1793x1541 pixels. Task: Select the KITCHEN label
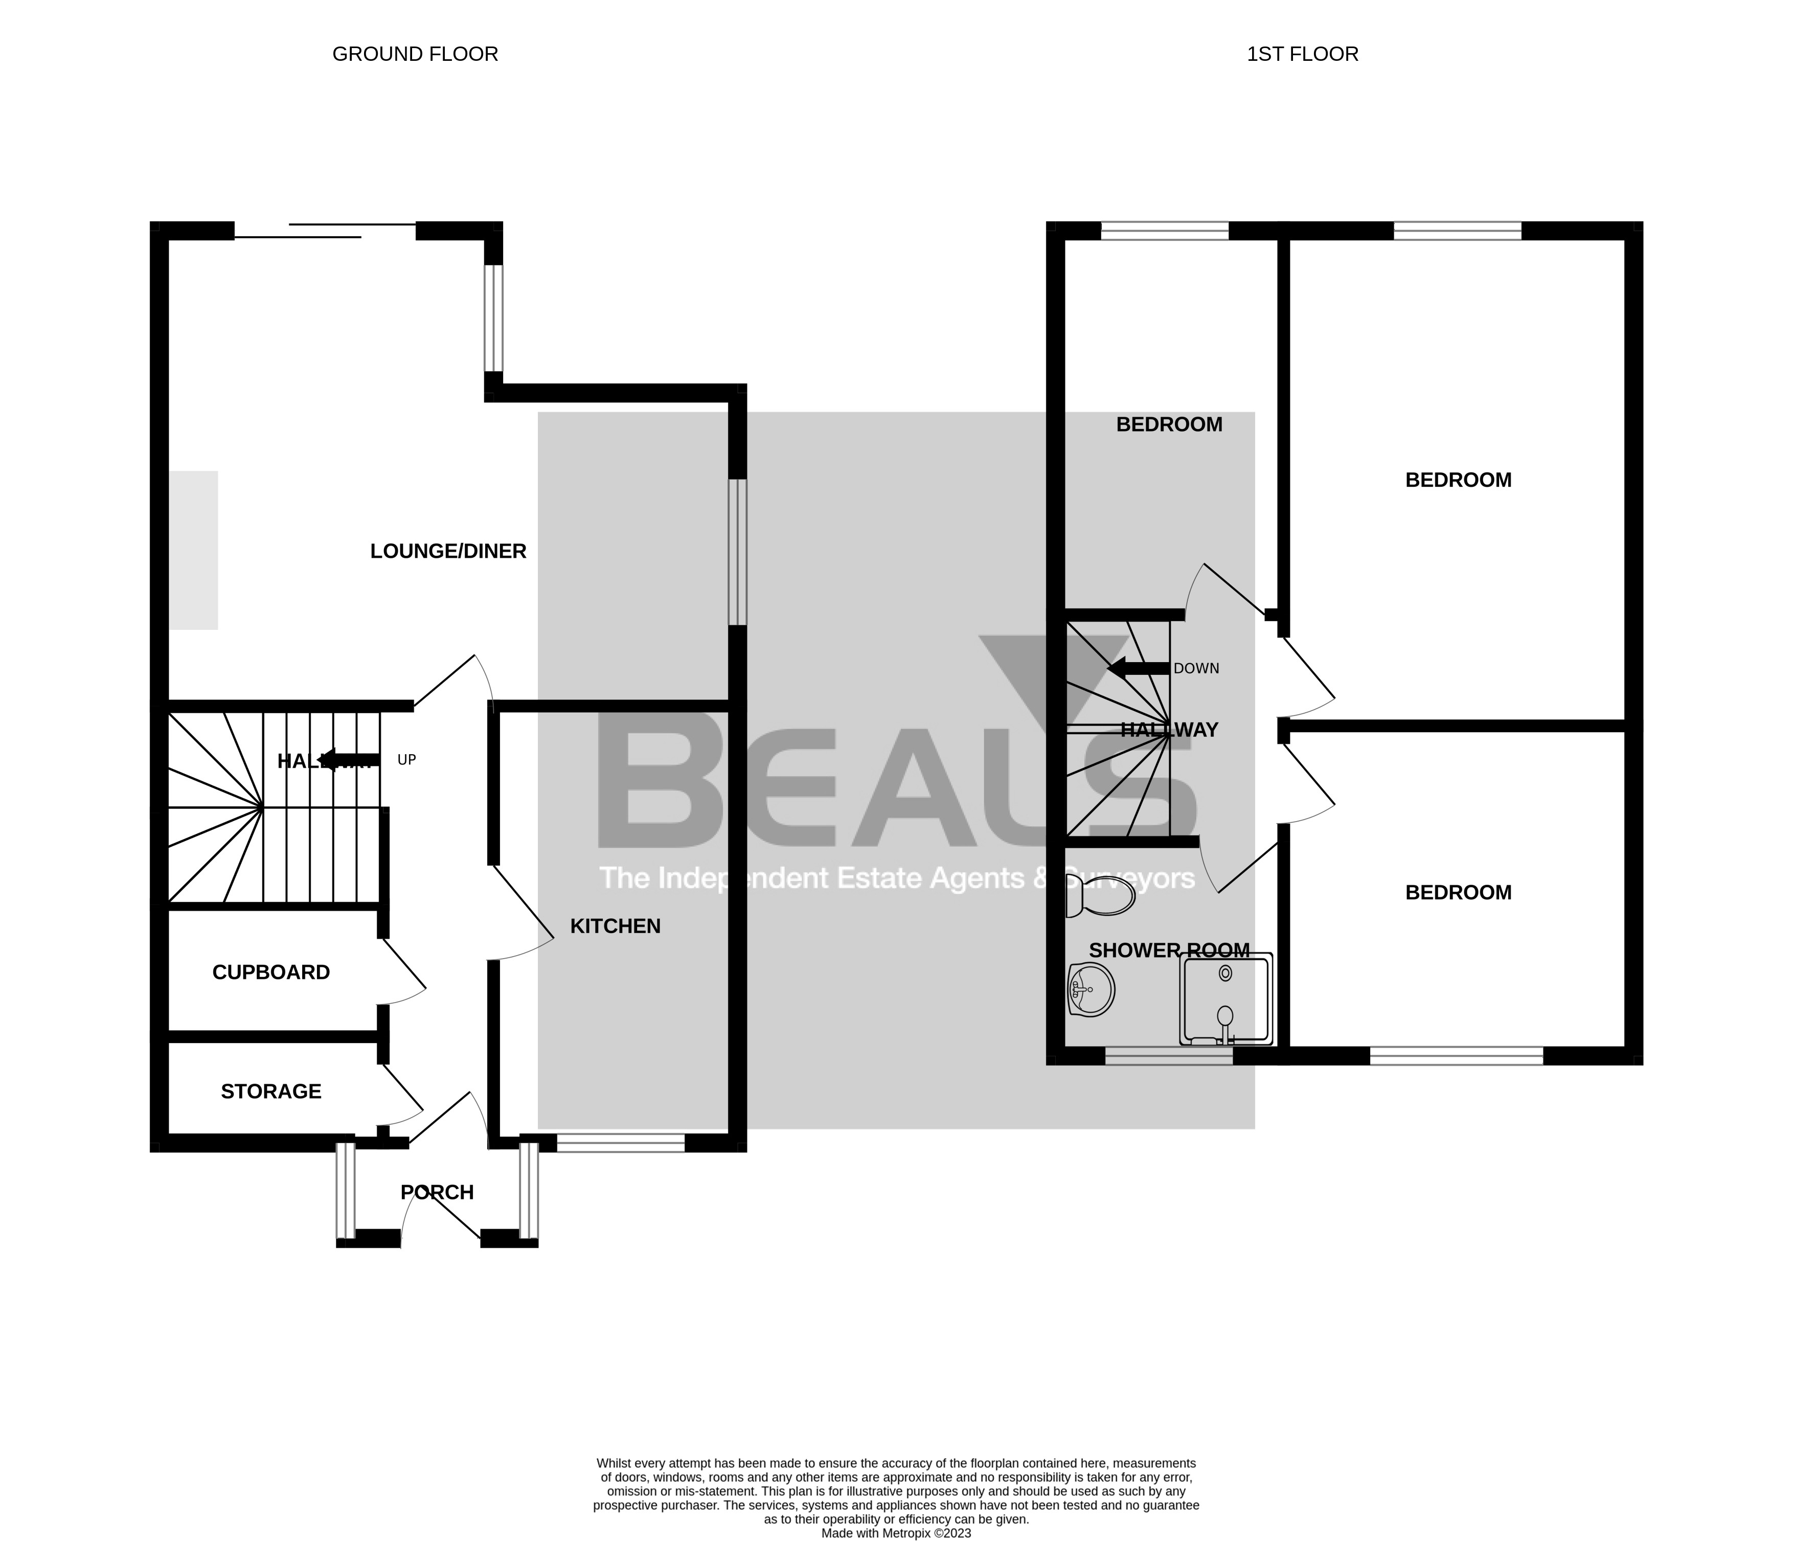615,926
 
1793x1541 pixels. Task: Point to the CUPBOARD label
271,971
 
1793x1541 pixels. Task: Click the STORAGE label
271,1091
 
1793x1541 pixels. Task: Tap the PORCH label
437,1192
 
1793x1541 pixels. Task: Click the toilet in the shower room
1101,896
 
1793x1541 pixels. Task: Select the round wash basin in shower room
1091,988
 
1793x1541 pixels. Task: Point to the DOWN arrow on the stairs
1138,668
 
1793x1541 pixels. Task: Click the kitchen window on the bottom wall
621,1142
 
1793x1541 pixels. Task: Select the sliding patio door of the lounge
325,230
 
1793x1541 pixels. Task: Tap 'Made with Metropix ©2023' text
896,1532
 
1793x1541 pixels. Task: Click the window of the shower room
1168,1056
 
